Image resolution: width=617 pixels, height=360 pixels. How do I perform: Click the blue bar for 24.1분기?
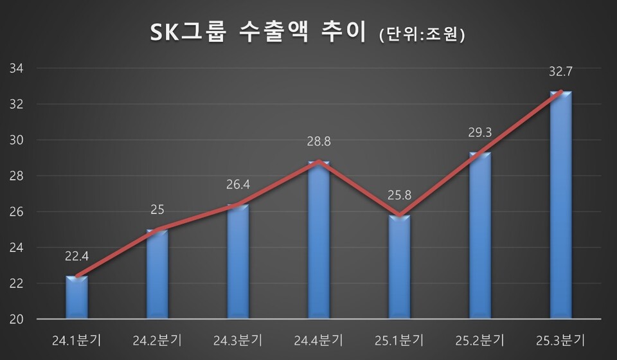(76, 297)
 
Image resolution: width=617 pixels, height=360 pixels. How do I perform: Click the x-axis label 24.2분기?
(157, 339)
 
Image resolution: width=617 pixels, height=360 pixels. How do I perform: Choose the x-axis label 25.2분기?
(480, 339)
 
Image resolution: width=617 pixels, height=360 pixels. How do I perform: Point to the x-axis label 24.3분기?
(238, 339)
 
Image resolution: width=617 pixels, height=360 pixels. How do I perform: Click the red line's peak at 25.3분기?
(561, 92)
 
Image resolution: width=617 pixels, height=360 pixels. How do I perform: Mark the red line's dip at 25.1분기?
(399, 215)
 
